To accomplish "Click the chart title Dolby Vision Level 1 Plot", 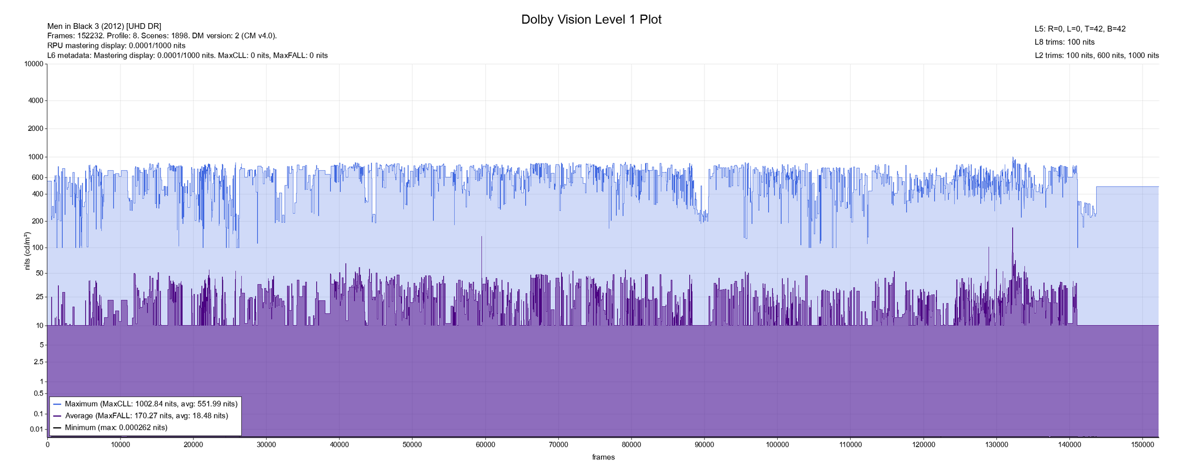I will tap(591, 19).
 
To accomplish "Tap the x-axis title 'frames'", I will tap(603, 457).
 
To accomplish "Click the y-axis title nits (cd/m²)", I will tap(27, 251).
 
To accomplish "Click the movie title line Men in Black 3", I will tap(104, 26).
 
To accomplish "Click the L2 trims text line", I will tap(1096, 55).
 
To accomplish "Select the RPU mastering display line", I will tap(116, 46).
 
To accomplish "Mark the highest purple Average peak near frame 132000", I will tap(1012, 229).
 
